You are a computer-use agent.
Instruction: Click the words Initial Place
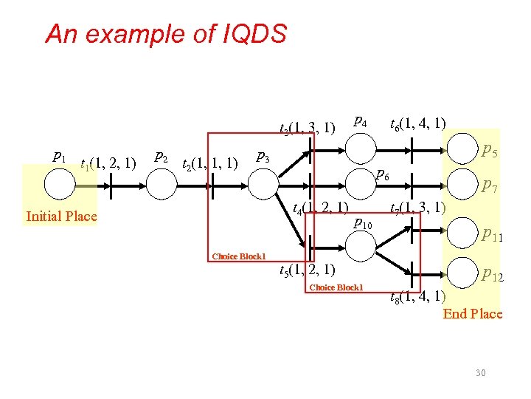[x=61, y=216]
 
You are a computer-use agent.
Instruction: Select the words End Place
[x=472, y=314]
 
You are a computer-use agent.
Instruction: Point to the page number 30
[x=480, y=373]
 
